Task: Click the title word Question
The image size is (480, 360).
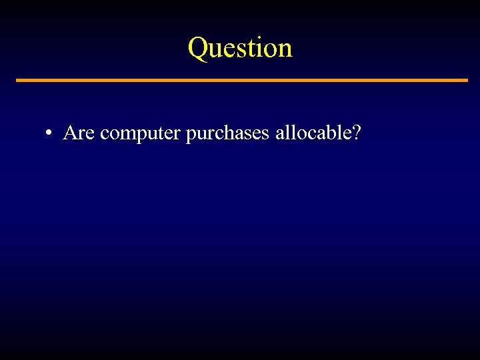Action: [240, 48]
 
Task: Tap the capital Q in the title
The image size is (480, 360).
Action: [199, 48]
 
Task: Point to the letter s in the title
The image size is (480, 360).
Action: [241, 51]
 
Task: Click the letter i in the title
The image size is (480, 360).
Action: [259, 48]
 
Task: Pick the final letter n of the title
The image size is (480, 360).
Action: [285, 51]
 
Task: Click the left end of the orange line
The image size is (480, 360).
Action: [18, 81]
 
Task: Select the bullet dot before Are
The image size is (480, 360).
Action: [49, 134]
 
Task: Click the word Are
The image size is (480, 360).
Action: [79, 133]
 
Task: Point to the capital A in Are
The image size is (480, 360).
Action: [70, 133]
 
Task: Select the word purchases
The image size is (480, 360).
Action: [227, 134]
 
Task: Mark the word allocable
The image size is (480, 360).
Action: [312, 133]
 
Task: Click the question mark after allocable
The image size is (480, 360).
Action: [357, 133]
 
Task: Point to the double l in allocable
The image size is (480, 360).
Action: [288, 133]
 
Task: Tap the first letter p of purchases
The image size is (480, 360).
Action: [191, 135]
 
